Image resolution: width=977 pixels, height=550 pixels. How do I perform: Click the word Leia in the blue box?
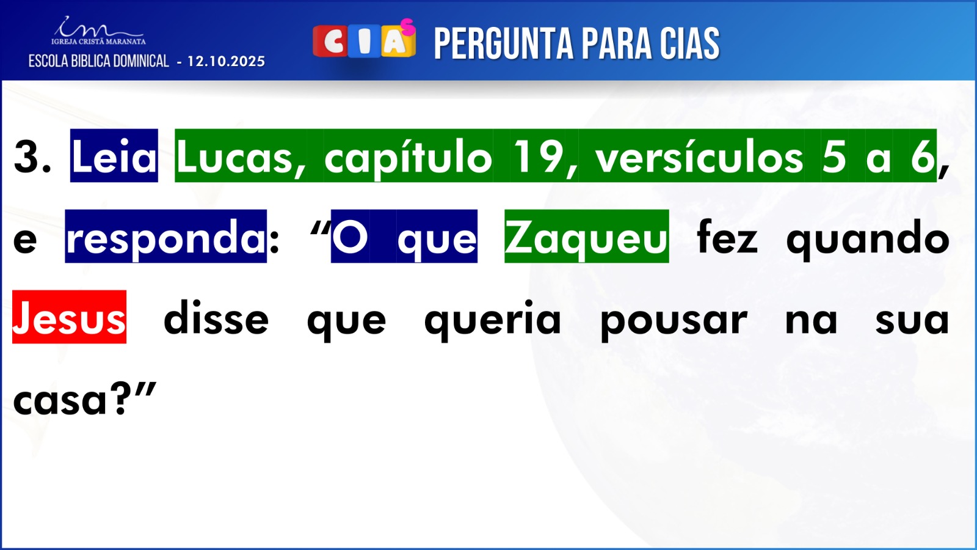coord(114,156)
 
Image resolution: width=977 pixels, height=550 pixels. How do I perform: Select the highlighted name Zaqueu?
coord(586,237)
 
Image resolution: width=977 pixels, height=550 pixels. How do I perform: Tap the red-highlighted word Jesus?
coord(70,317)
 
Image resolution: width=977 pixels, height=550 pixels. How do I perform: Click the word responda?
coord(165,237)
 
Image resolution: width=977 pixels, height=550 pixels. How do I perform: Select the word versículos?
coord(699,156)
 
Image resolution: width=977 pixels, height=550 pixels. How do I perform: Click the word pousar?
coord(674,321)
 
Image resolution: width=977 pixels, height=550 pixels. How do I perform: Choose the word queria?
coord(492,320)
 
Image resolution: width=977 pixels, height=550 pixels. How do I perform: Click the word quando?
coord(868,238)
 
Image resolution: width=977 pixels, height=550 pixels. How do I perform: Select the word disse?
coord(216,318)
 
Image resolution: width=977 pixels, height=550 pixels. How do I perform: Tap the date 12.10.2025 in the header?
coord(227,62)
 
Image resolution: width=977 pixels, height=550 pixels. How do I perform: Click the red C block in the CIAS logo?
coord(330,42)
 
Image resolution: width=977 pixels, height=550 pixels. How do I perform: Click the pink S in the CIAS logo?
coord(408,27)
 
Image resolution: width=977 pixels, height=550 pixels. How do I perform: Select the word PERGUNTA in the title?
coord(503,43)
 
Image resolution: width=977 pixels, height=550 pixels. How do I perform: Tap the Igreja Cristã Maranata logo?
coord(98,31)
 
